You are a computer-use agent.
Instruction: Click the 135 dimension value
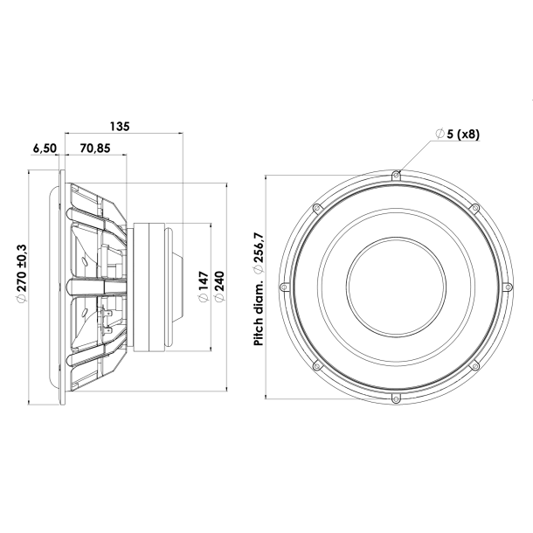[121, 126]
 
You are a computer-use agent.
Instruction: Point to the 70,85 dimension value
[93, 149]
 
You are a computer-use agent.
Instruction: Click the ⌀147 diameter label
[202, 288]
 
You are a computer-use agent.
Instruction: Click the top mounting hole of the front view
[396, 176]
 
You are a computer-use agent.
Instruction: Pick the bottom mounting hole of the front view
[396, 397]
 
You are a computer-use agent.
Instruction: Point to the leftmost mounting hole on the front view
[285, 286]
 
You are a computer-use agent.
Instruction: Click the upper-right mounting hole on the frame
[474, 208]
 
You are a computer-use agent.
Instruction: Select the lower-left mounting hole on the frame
[317, 364]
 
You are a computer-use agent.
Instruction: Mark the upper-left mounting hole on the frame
[317, 208]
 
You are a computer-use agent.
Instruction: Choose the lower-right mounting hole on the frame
[474, 364]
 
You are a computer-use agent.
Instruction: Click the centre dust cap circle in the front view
[396, 286]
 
